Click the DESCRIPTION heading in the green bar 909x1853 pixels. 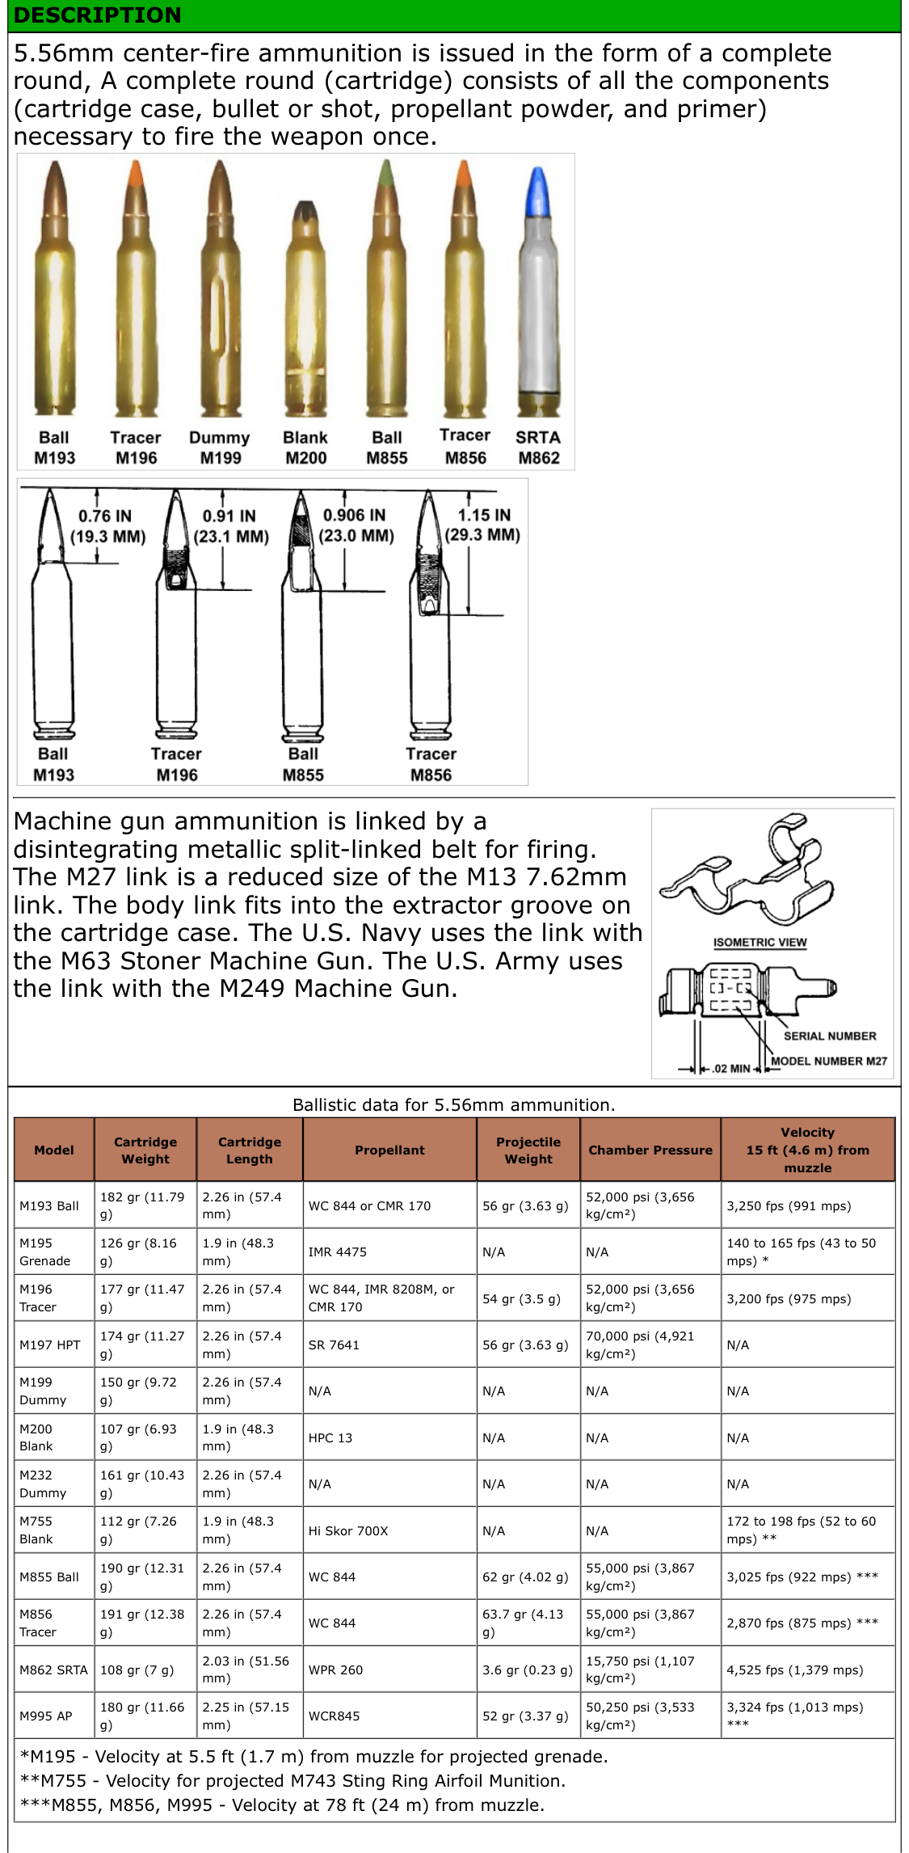tap(98, 15)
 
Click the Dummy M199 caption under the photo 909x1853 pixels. tap(220, 447)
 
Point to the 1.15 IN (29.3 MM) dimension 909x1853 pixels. tap(482, 525)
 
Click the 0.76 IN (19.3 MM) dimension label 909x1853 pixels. tap(107, 526)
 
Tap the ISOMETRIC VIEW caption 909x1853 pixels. tap(760, 942)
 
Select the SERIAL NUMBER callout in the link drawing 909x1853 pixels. tap(829, 1036)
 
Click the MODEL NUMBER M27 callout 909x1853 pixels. tap(829, 1061)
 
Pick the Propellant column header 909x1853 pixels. tap(389, 1150)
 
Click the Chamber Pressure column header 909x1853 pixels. tap(650, 1150)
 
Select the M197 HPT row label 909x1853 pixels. tap(50, 1344)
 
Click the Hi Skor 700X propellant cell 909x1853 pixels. tap(348, 1530)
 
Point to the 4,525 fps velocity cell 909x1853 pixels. tap(795, 1669)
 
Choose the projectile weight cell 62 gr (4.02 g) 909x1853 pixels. tap(528, 1577)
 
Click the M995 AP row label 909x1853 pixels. tap(46, 1716)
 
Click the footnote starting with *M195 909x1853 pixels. tap(314, 1756)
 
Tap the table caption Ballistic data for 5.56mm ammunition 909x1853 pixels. tap(454, 1104)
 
